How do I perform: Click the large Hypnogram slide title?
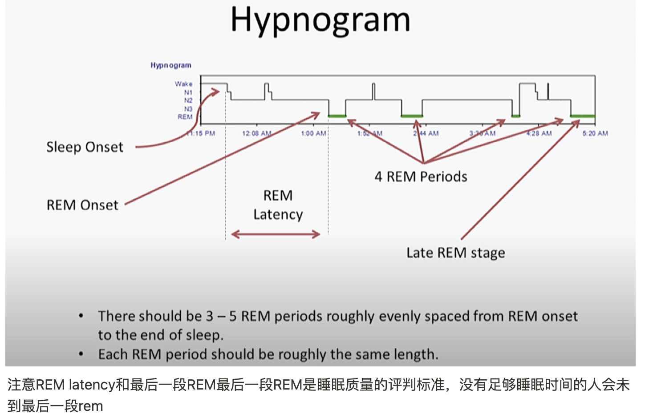[x=320, y=20]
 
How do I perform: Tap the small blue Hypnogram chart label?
[x=170, y=65]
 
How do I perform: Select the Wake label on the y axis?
[x=183, y=84]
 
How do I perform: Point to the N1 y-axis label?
[x=188, y=92]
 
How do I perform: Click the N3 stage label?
[x=188, y=109]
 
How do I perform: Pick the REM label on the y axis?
[x=185, y=117]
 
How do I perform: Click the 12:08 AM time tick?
[x=256, y=133]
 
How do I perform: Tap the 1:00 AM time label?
[x=314, y=133]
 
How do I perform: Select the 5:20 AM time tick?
[x=595, y=133]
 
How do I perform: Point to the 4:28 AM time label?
[x=539, y=133]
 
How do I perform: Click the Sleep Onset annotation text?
[x=85, y=147]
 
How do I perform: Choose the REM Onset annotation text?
[x=82, y=205]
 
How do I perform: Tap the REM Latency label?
[x=278, y=205]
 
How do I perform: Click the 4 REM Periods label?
[x=421, y=177]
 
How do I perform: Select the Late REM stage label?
[x=455, y=253]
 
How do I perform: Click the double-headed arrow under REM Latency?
[x=276, y=234]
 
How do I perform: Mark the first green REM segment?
[x=337, y=116]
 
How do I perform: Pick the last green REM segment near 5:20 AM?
[x=583, y=116]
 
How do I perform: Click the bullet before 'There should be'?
[x=81, y=316]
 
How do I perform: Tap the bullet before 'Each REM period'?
[x=81, y=354]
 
